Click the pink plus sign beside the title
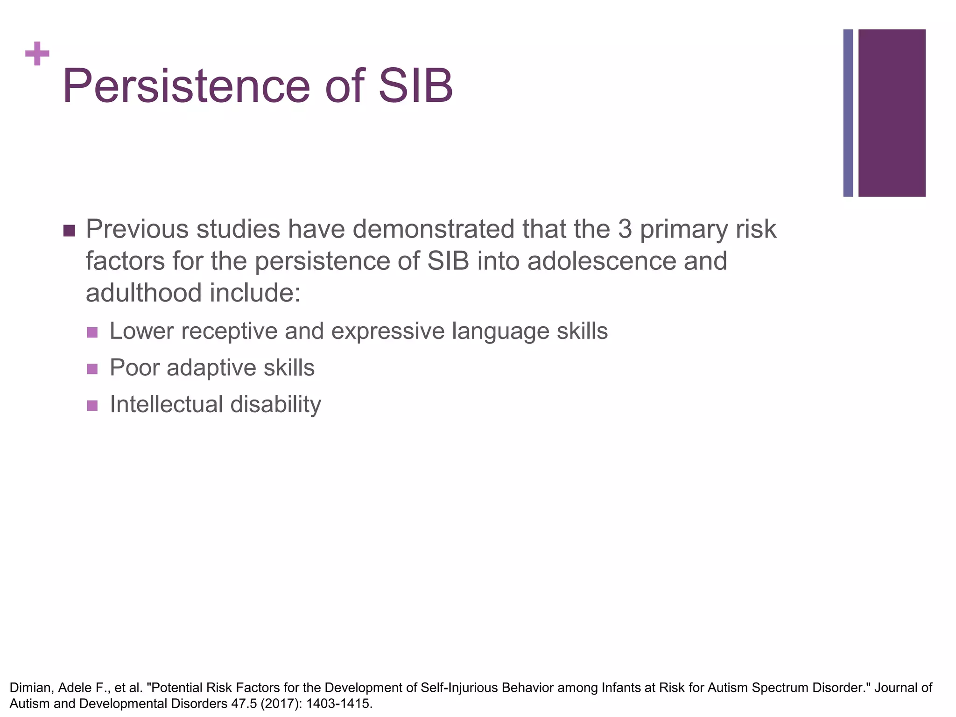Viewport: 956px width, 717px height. [37, 54]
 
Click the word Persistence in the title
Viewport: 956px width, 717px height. [186, 86]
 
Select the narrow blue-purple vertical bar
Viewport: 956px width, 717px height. [848, 113]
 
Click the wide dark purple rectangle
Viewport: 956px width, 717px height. [892, 113]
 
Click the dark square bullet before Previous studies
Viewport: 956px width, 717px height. [69, 231]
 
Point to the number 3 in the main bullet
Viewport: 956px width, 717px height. [625, 229]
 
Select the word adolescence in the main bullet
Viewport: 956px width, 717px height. [601, 261]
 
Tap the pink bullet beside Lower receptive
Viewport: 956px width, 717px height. [92, 332]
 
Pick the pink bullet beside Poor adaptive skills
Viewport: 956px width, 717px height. [92, 369]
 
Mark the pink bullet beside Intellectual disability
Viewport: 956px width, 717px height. [92, 405]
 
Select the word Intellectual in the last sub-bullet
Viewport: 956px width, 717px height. [166, 404]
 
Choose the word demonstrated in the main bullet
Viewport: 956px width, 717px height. [435, 229]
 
